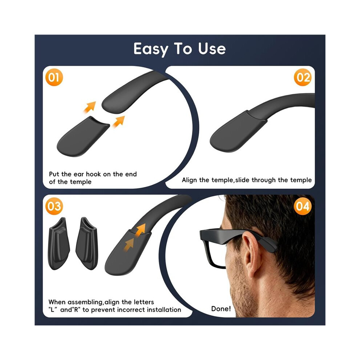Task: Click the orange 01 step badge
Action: pos(54,77)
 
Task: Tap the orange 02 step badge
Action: pos(303,77)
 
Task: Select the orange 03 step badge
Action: pos(54,206)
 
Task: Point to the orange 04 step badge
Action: pos(303,206)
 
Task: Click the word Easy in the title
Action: pos(151,49)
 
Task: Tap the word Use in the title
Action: pos(212,49)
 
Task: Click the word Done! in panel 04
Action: pos(221,309)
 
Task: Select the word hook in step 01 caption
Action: pos(93,174)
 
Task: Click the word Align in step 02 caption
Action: pos(190,180)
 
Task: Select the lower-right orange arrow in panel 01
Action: pos(119,121)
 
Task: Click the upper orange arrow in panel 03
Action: pos(140,230)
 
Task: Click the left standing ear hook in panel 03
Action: pos(59,244)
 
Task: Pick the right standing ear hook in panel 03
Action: pos(87,244)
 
